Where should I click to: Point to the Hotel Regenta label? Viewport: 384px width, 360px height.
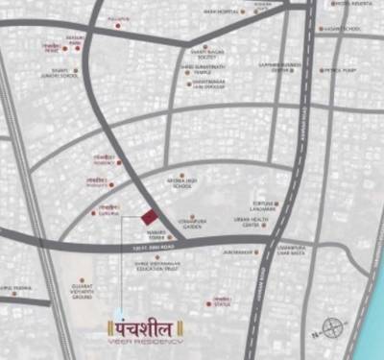355,4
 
